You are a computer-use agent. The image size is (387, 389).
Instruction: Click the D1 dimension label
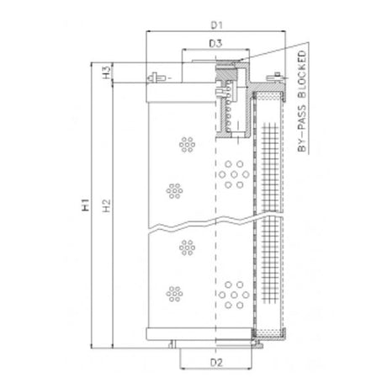point(215,24)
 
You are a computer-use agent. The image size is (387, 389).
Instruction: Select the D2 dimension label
point(215,364)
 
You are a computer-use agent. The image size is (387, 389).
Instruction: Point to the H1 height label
point(87,205)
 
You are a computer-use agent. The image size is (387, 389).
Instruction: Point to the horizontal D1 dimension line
point(215,33)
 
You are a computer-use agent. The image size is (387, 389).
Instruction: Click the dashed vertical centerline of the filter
point(216,253)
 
